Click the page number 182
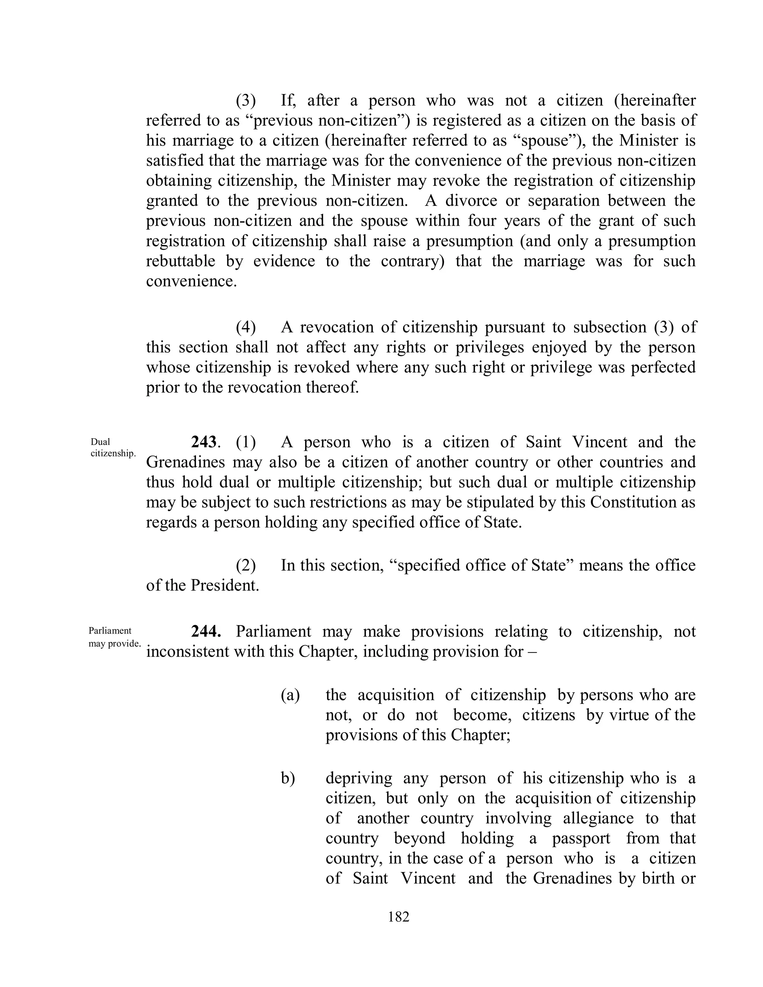[x=398, y=917]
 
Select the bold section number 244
[x=206, y=631]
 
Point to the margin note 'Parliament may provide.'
[x=114, y=637]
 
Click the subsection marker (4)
[x=246, y=327]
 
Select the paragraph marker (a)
[x=290, y=695]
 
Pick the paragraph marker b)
[x=288, y=778]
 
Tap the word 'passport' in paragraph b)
[x=581, y=838]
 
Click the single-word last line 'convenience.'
[x=191, y=281]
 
